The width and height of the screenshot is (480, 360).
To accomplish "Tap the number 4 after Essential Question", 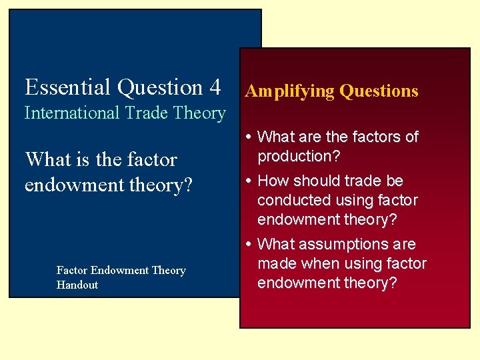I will pyautogui.click(x=215, y=87).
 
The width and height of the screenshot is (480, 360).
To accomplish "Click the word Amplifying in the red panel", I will pyautogui.click(x=289, y=91).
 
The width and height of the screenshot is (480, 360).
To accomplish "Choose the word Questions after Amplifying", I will pyautogui.click(x=379, y=91).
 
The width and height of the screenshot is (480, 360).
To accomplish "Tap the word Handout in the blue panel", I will pyautogui.click(x=77, y=285).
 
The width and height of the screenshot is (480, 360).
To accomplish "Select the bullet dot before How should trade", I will pyautogui.click(x=249, y=181).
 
